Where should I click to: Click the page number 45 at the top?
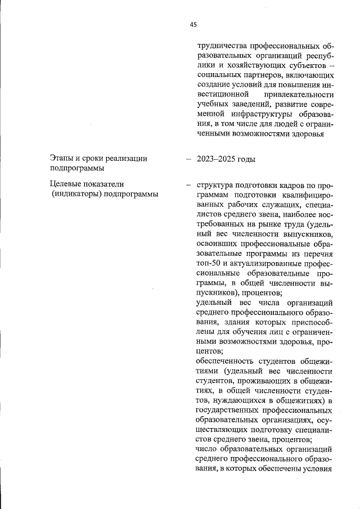[193, 24]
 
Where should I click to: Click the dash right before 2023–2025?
[188, 159]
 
